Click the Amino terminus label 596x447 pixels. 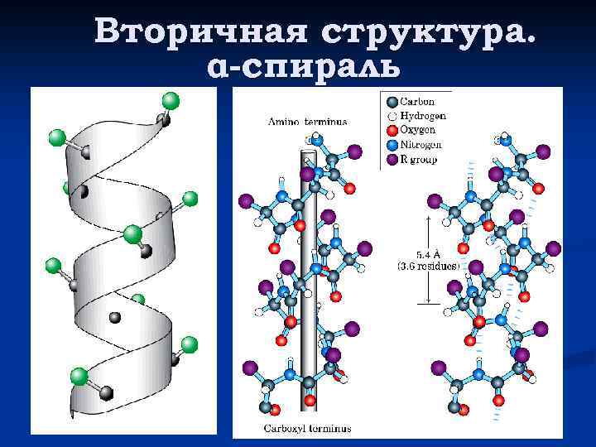pyautogui.click(x=307, y=121)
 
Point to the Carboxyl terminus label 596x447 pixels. pyautogui.click(x=307, y=428)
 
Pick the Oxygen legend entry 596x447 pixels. pyautogui.click(x=419, y=130)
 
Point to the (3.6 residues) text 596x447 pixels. pyautogui.click(x=429, y=267)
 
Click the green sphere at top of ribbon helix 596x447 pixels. pyautogui.click(x=171, y=101)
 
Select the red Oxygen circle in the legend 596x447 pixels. pyautogui.click(x=392, y=130)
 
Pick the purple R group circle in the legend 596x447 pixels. pyautogui.click(x=392, y=158)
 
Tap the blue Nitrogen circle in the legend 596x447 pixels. pyautogui.click(x=392, y=144)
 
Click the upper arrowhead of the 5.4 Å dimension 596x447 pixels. pyautogui.click(x=429, y=219)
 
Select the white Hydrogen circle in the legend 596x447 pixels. pyautogui.click(x=392, y=116)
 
